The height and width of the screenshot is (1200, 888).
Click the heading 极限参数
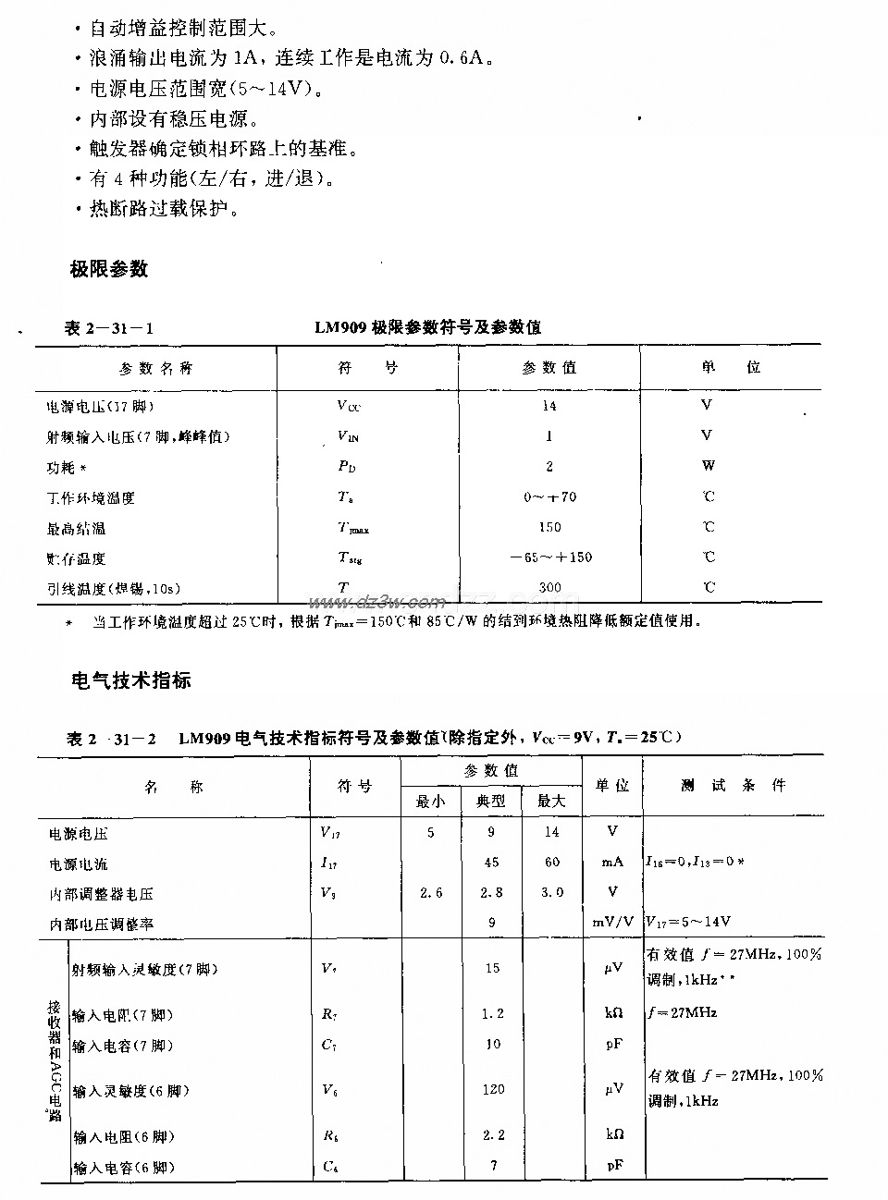109,269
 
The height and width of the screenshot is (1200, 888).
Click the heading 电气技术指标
131,680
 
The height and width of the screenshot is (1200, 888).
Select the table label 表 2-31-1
109,327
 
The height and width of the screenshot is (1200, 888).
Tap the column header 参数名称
155,368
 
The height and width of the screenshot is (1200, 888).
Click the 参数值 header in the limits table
549,367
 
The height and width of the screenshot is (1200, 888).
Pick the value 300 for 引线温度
549,587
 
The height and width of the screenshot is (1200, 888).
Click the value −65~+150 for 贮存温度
550,557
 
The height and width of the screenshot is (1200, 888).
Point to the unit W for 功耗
708,466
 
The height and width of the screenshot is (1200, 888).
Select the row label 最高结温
76,528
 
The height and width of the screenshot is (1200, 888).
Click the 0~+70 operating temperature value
549,496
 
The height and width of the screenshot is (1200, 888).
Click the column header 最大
551,801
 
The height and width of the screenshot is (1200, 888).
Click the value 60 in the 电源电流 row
552,863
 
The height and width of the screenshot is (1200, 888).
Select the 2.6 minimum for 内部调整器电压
431,892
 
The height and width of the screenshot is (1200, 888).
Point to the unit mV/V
612,922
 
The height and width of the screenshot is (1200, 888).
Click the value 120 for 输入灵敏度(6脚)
493,1089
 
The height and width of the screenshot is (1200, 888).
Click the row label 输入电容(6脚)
123,1167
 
